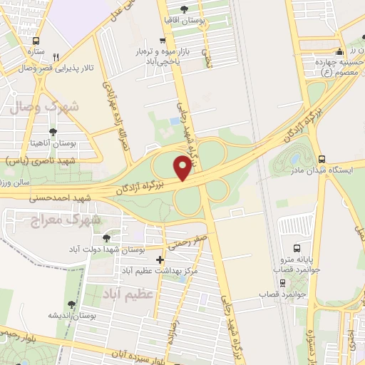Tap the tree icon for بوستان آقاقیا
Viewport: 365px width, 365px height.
tap(185, 9)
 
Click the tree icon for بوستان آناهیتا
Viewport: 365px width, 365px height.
tap(53, 132)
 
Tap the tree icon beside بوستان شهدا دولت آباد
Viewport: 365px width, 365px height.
tap(106, 238)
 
